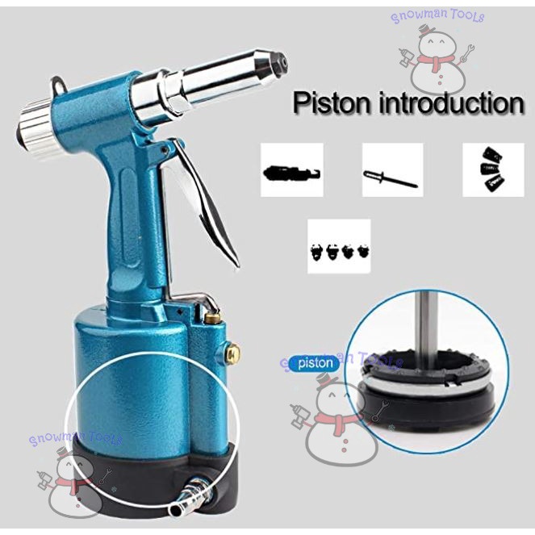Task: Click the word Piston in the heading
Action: [x=332, y=102]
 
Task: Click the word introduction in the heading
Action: [x=452, y=102]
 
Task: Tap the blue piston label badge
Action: [x=315, y=363]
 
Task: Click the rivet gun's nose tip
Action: [x=281, y=61]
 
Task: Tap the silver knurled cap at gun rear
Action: [x=36, y=132]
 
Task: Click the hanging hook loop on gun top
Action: [x=59, y=86]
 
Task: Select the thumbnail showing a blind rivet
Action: [x=392, y=170]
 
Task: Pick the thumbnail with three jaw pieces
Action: [x=493, y=170]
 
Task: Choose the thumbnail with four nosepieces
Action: [x=339, y=246]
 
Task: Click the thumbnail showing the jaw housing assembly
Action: [x=292, y=170]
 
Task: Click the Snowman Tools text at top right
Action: [x=437, y=16]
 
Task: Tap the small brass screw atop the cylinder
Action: [x=212, y=318]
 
